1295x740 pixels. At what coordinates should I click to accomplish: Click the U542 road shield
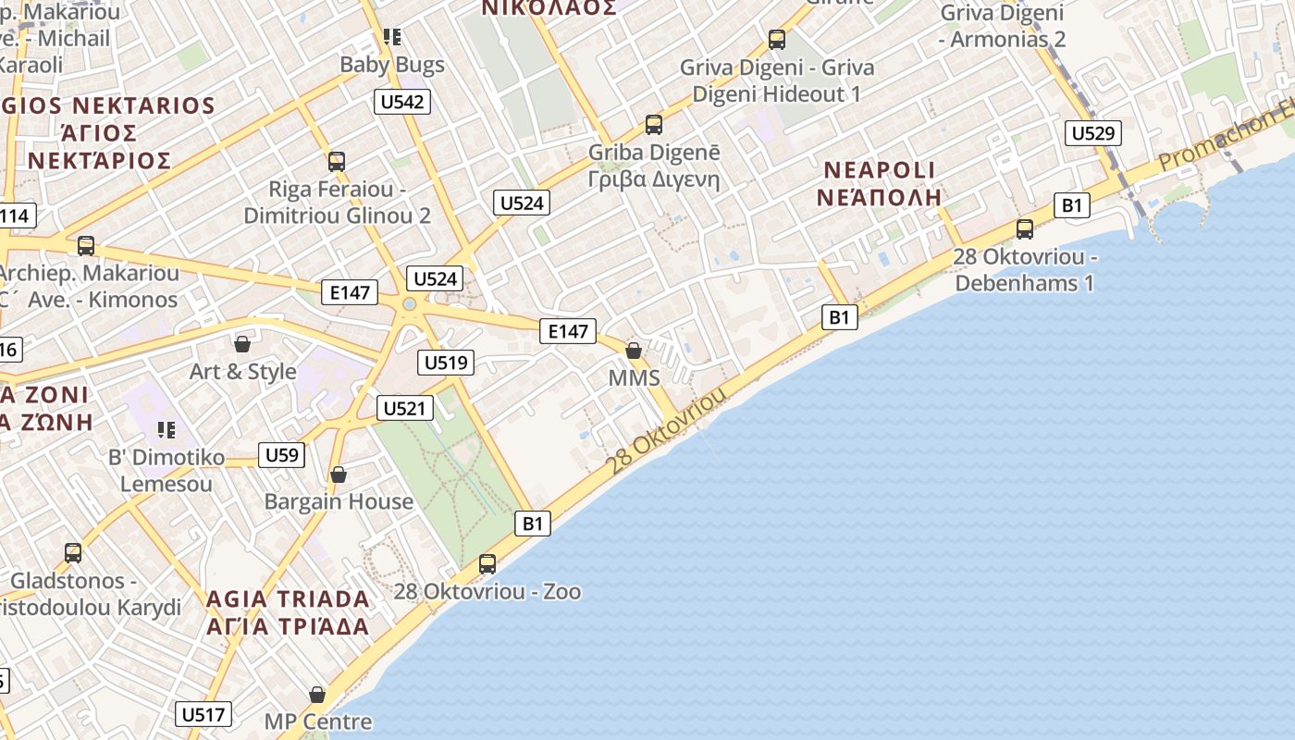[x=402, y=101]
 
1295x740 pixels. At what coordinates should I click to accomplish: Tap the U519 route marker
[x=447, y=362]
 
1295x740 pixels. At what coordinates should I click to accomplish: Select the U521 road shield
[x=405, y=408]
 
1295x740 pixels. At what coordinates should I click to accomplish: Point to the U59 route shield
[x=281, y=454]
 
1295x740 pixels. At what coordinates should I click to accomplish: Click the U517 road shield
[x=203, y=714]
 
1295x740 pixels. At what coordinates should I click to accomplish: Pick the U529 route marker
[x=1092, y=133]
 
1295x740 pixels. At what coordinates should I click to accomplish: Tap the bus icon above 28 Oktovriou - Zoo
[x=487, y=563]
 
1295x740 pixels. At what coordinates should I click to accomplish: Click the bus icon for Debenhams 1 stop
[x=1025, y=228]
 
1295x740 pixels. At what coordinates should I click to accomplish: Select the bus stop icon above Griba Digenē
[x=654, y=124]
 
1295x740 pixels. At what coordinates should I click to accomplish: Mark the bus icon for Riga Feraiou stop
[x=337, y=161]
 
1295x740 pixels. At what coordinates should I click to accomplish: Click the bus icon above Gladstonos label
[x=73, y=552]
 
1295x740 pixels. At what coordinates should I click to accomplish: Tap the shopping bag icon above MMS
[x=634, y=351]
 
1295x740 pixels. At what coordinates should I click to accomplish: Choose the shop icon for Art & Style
[x=242, y=344]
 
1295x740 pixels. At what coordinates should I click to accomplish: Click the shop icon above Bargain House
[x=339, y=475]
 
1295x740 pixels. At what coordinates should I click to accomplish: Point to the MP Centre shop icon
[x=317, y=694]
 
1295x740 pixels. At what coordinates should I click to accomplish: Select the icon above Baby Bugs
[x=392, y=37]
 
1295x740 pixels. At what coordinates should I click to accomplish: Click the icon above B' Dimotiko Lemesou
[x=166, y=430]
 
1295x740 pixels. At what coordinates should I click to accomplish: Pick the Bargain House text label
[x=339, y=501]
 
